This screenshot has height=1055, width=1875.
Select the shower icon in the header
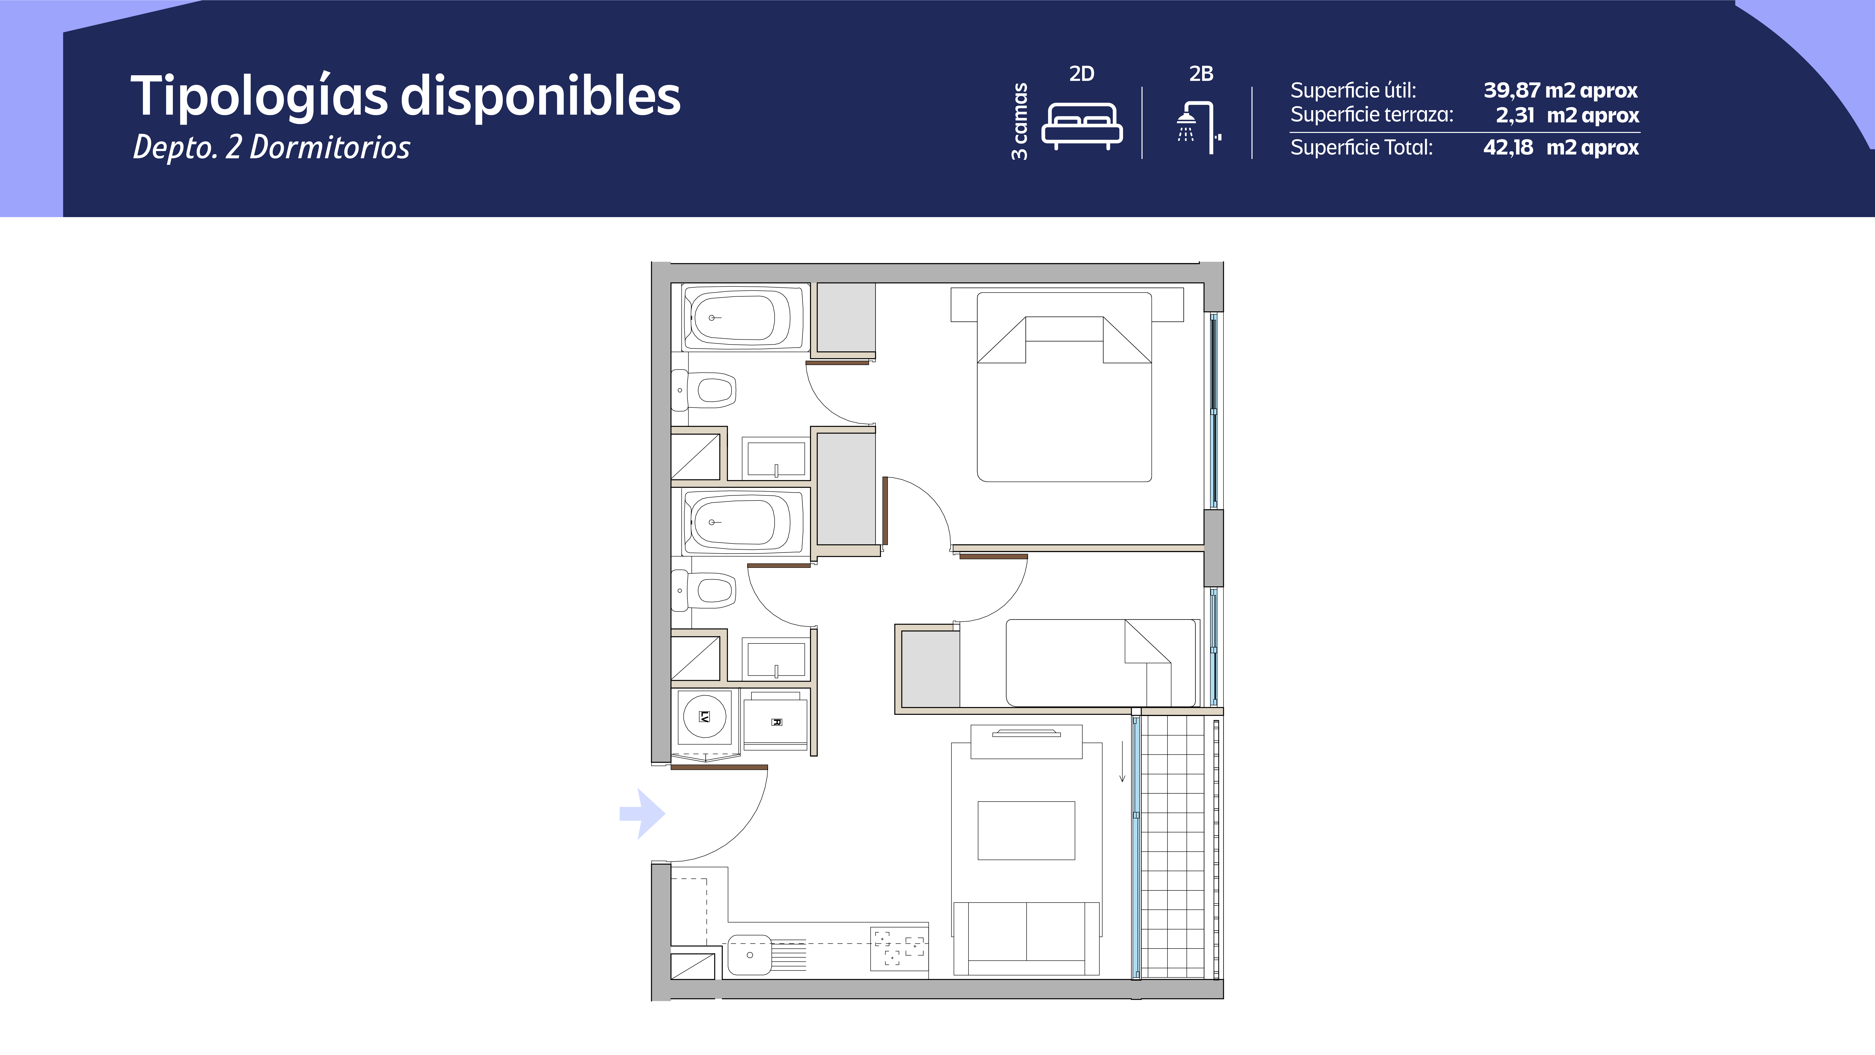click(x=1198, y=128)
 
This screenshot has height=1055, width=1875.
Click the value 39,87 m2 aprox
click(x=1560, y=90)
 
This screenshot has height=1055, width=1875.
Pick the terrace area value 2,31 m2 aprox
click(x=1567, y=115)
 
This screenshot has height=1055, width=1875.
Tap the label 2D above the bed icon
click(x=1082, y=74)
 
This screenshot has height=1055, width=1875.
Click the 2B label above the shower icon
click(x=1201, y=74)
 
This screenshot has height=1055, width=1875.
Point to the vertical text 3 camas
click(x=1020, y=121)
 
